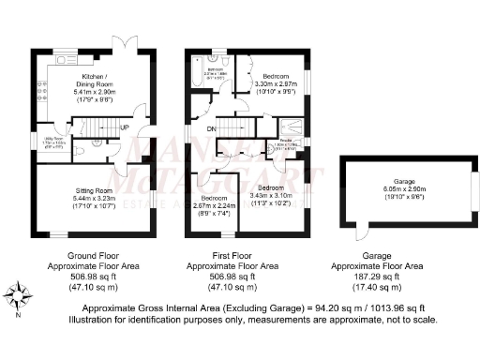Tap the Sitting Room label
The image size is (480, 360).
coord(94,190)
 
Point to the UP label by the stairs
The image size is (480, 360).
coord(124,127)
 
